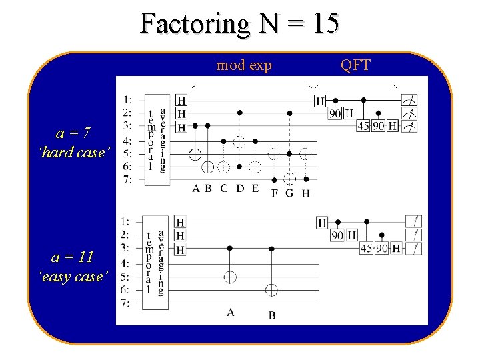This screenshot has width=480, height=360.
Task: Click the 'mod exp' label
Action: [x=243, y=65]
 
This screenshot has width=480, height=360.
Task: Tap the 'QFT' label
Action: [x=355, y=65]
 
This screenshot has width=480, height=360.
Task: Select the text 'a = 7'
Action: [x=74, y=133]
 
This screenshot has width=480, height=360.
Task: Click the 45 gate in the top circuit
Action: [x=363, y=125]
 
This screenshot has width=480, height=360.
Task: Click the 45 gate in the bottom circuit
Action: [x=366, y=248]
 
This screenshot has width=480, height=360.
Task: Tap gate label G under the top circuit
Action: [x=289, y=193]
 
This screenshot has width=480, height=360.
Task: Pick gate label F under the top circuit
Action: [x=275, y=193]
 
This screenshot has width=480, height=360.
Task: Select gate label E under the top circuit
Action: [x=255, y=188]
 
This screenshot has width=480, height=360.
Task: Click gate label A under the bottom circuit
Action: [x=230, y=311]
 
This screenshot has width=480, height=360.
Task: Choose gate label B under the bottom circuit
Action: [x=272, y=315]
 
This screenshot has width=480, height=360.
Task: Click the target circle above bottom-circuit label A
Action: [x=230, y=276]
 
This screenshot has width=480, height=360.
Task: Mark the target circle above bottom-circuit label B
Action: [x=271, y=290]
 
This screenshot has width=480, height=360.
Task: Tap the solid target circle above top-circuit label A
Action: [x=195, y=154]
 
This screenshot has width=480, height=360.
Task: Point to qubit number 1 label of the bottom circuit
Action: [x=124, y=221]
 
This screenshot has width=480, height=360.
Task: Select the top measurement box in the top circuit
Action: [x=409, y=100]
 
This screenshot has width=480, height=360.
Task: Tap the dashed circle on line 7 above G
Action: [x=289, y=179]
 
